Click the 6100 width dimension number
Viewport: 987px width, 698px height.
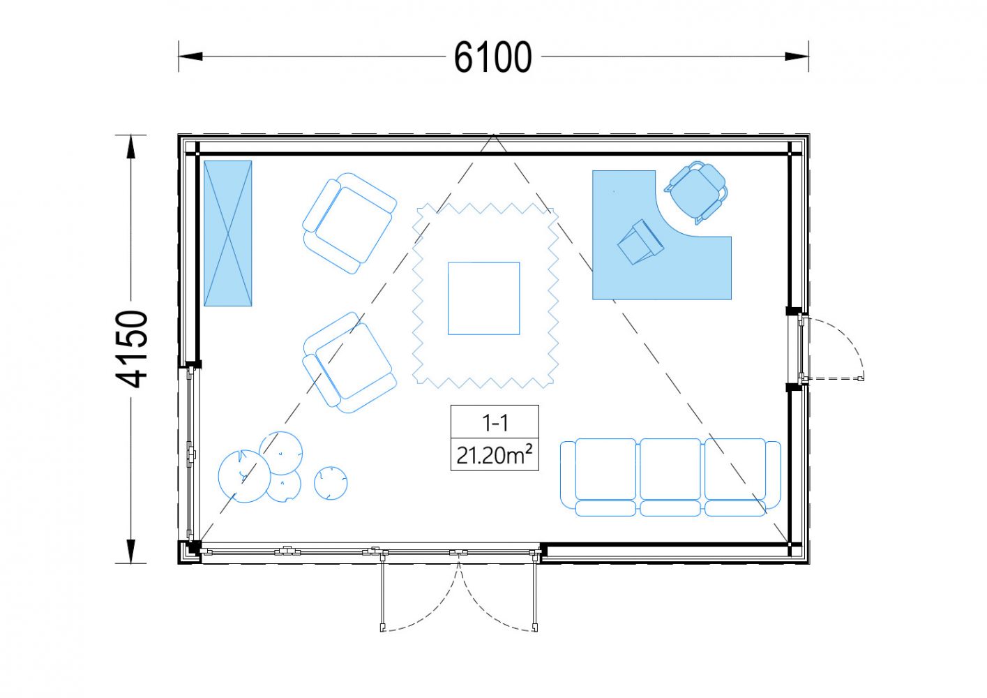492,57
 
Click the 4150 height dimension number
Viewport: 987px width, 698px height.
131,349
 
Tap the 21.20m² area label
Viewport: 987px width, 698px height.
495,456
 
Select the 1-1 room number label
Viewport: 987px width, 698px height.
495,423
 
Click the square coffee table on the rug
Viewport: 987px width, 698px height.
484,299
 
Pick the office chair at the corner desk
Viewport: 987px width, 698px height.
697,192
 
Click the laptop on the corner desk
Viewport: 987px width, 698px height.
640,242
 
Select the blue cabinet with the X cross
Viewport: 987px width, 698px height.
228,233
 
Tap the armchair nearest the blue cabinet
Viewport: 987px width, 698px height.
349,223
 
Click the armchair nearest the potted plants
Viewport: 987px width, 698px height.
349,362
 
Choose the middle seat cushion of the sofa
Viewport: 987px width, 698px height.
670,469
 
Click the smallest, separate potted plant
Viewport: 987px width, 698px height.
331,483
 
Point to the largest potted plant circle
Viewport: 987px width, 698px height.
244,476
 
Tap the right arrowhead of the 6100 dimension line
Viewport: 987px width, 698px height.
797,57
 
